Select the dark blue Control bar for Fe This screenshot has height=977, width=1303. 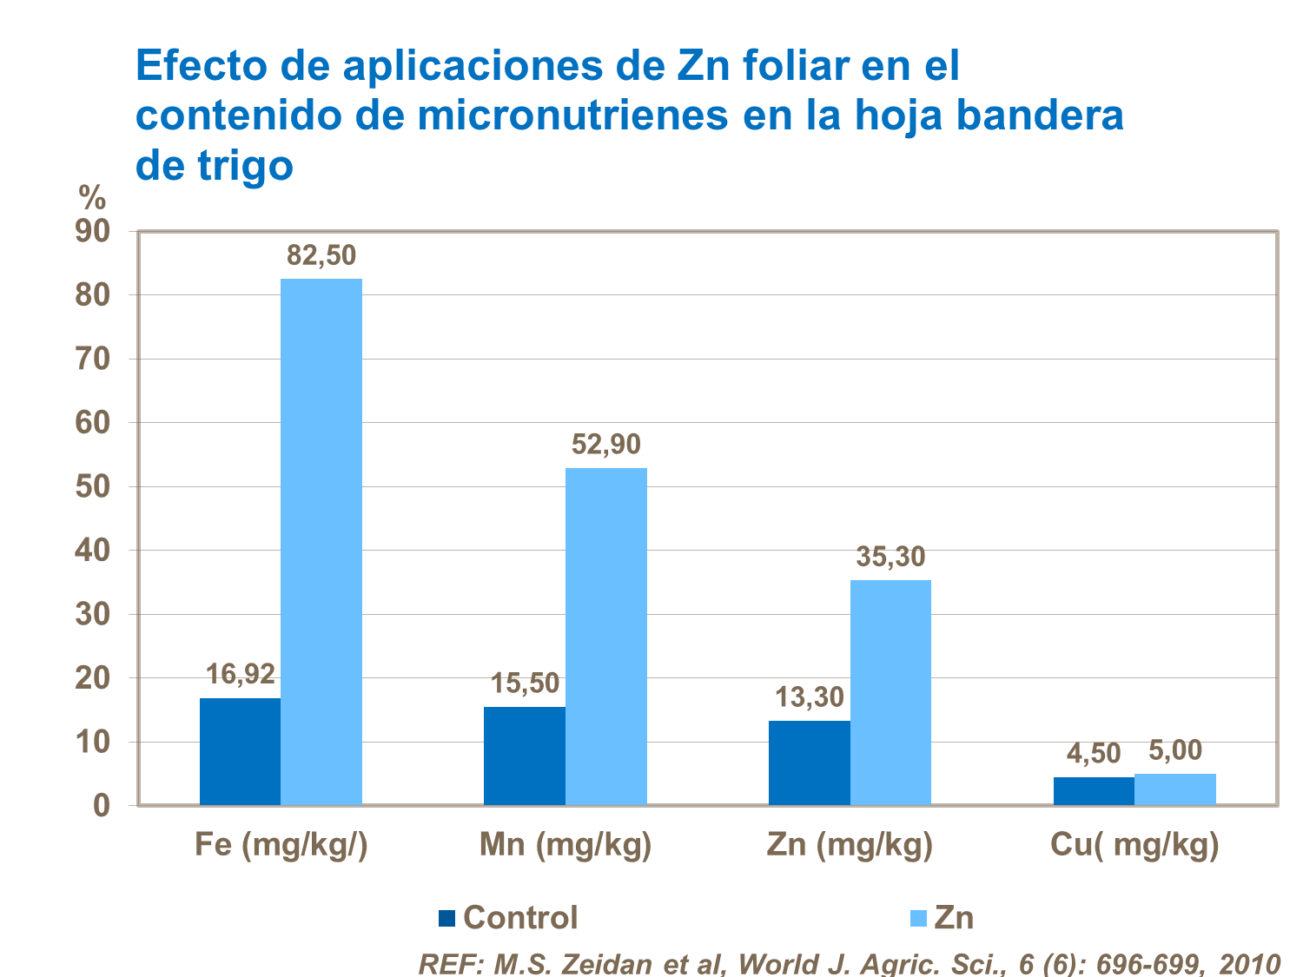(240, 751)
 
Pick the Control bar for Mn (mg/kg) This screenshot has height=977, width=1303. (525, 756)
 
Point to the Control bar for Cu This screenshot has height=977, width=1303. (1094, 791)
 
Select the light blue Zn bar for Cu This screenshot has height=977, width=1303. (1175, 789)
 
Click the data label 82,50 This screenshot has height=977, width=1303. (321, 255)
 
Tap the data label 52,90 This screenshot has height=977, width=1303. (606, 445)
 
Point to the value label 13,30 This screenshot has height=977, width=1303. (810, 696)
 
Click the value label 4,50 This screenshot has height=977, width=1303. (1094, 753)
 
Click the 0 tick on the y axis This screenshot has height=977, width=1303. (102, 806)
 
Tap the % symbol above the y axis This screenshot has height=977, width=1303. (92, 199)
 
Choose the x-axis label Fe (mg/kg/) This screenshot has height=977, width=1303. (281, 845)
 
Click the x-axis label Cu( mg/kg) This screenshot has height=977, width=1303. (1134, 845)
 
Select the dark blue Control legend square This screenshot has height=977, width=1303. (446, 918)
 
